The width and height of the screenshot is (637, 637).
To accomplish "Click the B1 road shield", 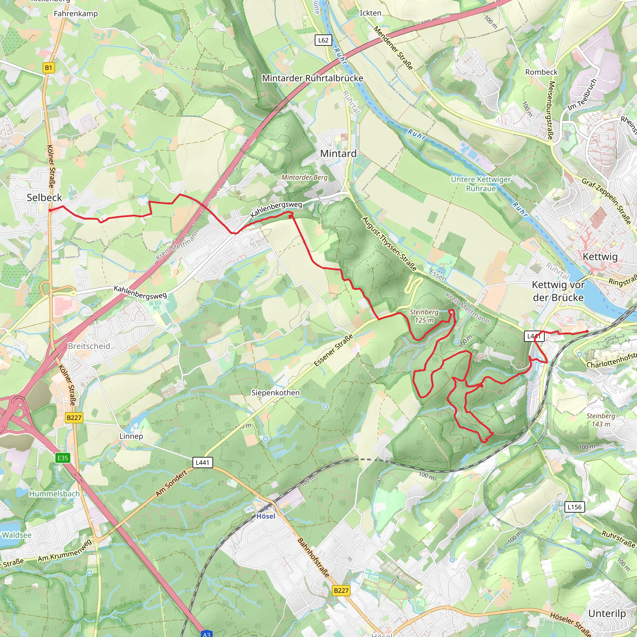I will [x=49, y=68].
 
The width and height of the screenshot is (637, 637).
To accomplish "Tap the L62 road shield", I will [x=323, y=40].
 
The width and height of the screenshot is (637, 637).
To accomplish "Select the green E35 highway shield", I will [x=63, y=458].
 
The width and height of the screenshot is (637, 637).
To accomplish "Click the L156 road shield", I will [x=574, y=507].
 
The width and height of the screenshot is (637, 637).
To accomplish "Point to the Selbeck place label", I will [x=44, y=198].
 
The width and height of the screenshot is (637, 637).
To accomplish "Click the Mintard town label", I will [x=338, y=154].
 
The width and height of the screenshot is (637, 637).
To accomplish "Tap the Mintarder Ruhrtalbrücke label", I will [x=312, y=78].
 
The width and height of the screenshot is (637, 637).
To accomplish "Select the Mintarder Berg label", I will [x=304, y=177].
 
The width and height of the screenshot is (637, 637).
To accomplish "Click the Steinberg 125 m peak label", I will [x=424, y=316].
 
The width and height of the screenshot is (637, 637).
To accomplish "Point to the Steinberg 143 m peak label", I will [x=600, y=420].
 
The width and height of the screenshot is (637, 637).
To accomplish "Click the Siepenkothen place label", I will [x=275, y=393].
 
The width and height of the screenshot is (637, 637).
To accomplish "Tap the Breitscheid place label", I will [x=89, y=346].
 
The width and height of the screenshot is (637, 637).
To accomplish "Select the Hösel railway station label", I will [x=265, y=516].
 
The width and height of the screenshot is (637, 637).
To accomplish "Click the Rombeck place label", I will [x=542, y=72].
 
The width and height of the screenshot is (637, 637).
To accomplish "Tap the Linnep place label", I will [x=131, y=436].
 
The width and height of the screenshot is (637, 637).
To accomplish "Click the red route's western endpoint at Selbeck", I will [x=50, y=210].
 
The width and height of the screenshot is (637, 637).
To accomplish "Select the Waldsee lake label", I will [x=16, y=535].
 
